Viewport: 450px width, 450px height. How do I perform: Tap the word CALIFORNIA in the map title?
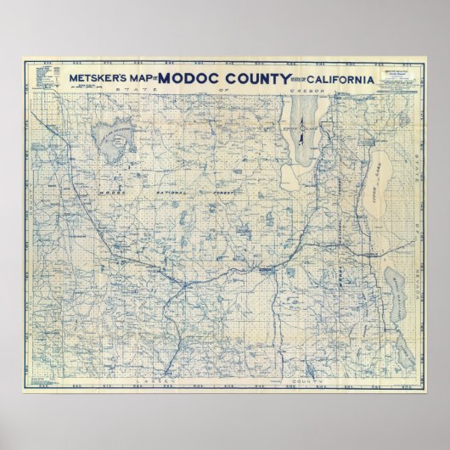[332, 79]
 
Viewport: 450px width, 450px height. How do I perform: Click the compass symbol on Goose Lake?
[303, 128]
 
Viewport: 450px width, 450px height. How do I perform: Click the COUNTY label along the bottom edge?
[302, 361]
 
